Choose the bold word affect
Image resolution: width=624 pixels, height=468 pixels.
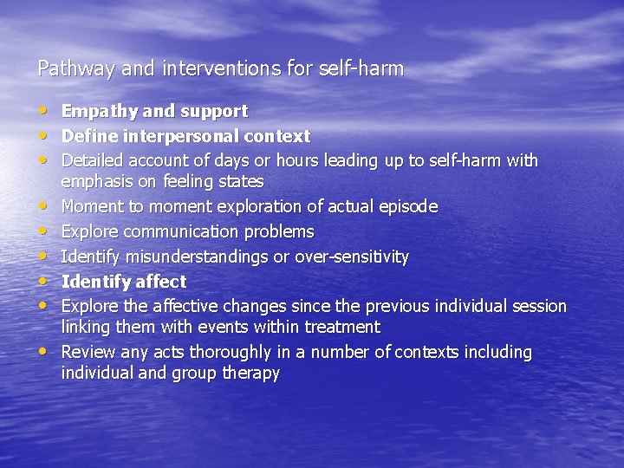tap(159, 282)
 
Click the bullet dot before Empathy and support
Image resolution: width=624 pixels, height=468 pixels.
tap(44, 111)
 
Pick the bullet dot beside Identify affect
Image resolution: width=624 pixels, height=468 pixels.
tap(44, 282)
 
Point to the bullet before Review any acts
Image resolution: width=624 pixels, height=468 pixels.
tap(44, 353)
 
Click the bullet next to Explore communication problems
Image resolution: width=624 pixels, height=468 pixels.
tap(44, 232)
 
